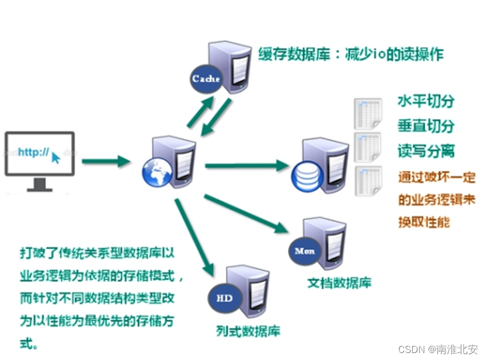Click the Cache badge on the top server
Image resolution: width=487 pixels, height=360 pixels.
[x=206, y=79]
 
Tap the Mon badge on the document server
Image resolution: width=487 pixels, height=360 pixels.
[x=305, y=251]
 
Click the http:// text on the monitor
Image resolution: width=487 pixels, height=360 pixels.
[x=33, y=152]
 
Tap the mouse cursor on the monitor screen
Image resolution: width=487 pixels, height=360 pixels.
[x=56, y=157]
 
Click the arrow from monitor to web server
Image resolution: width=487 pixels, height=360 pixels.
[x=105, y=161]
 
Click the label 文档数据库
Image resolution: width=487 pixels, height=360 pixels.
[x=339, y=284]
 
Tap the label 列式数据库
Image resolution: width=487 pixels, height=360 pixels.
[x=248, y=331]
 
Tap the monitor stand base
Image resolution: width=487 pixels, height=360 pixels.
[x=40, y=188]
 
